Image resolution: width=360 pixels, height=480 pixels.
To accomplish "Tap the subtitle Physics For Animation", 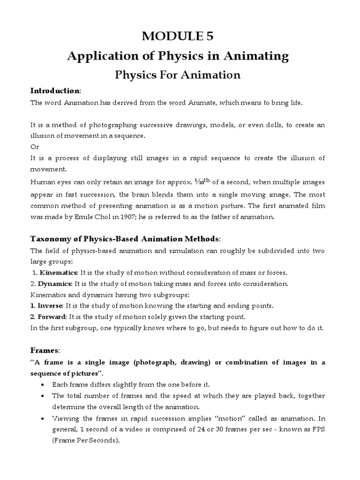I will pos(178,75).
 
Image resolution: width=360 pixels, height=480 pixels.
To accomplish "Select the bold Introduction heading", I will pos(55,90).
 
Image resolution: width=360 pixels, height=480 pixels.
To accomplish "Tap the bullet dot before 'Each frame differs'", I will pos(44,384).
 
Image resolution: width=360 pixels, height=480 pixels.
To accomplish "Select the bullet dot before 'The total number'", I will pos(44,396).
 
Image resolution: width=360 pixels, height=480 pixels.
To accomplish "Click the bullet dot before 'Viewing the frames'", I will pos(44,418).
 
